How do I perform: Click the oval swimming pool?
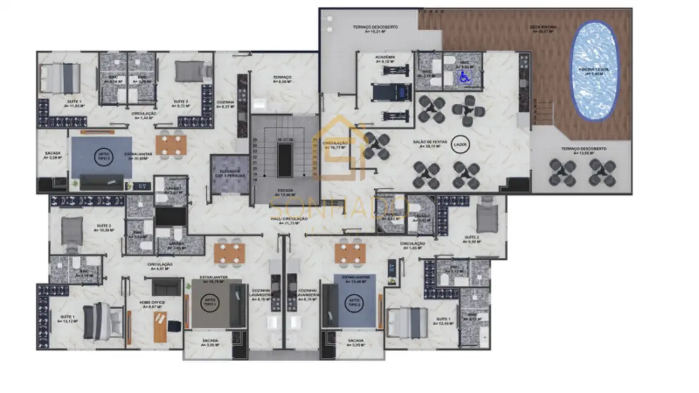595,71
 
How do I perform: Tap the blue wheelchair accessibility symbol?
464,77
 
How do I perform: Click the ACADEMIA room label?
385,59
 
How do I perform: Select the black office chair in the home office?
173,326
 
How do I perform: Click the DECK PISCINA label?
543,28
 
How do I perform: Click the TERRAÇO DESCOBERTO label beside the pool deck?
584,149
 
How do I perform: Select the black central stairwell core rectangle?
284,161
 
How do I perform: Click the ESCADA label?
285,191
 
